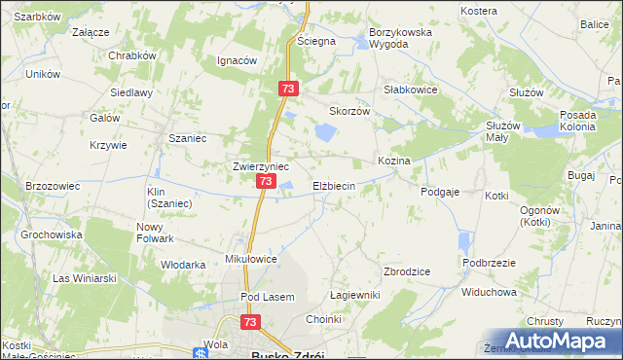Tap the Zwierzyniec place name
[259, 166]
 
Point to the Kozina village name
[394, 160]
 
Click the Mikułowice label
[251, 260]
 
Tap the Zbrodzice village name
[407, 271]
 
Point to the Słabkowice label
[411, 89]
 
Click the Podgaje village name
[440, 193]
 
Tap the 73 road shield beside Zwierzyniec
[265, 182]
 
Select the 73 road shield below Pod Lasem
[250, 322]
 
